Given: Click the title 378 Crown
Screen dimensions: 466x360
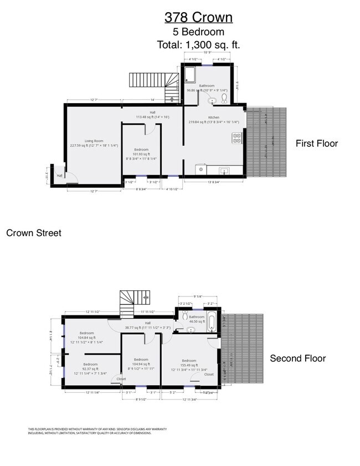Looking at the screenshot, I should [x=198, y=18].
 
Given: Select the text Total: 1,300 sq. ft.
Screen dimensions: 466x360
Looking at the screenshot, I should [x=198, y=44].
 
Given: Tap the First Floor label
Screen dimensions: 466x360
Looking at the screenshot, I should [x=316, y=144].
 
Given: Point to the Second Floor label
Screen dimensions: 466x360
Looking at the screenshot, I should [x=297, y=359].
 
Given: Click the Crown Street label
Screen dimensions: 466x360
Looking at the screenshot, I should [x=34, y=233].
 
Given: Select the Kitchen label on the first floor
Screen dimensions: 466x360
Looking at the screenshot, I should [x=214, y=117].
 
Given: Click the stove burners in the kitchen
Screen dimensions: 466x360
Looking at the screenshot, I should [x=237, y=138].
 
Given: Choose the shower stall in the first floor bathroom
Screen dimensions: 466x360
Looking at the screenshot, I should [x=191, y=75].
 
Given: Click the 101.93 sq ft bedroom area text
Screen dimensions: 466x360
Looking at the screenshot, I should [x=141, y=154].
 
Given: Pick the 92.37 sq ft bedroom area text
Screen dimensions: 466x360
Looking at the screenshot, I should [x=91, y=368].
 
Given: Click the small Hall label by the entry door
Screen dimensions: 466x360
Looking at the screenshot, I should [x=59, y=176].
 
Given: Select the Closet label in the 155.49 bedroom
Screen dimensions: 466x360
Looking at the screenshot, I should [x=209, y=374].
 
